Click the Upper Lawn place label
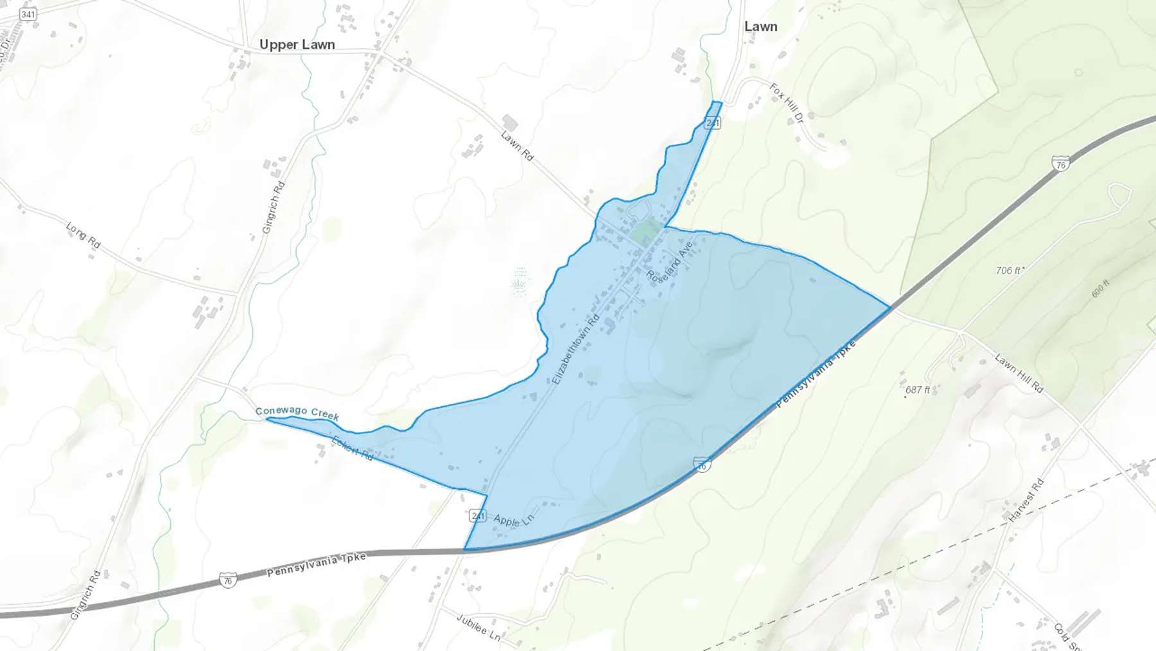(297, 44)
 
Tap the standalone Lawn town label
(760, 26)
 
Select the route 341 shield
(28, 14)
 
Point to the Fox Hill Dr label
(787, 103)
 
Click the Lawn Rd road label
(517, 146)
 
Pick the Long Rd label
(83, 235)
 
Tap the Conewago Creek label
(297, 413)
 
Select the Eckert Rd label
(352, 448)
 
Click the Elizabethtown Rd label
(575, 349)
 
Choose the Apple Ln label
(513, 520)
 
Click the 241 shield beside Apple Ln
(478, 515)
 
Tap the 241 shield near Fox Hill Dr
(712, 123)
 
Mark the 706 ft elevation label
(1009, 271)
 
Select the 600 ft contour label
(1100, 289)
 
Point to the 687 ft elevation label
(918, 390)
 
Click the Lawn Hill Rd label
(1019, 373)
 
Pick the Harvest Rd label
(1026, 501)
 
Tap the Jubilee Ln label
(478, 627)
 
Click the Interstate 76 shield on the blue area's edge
(702, 463)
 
